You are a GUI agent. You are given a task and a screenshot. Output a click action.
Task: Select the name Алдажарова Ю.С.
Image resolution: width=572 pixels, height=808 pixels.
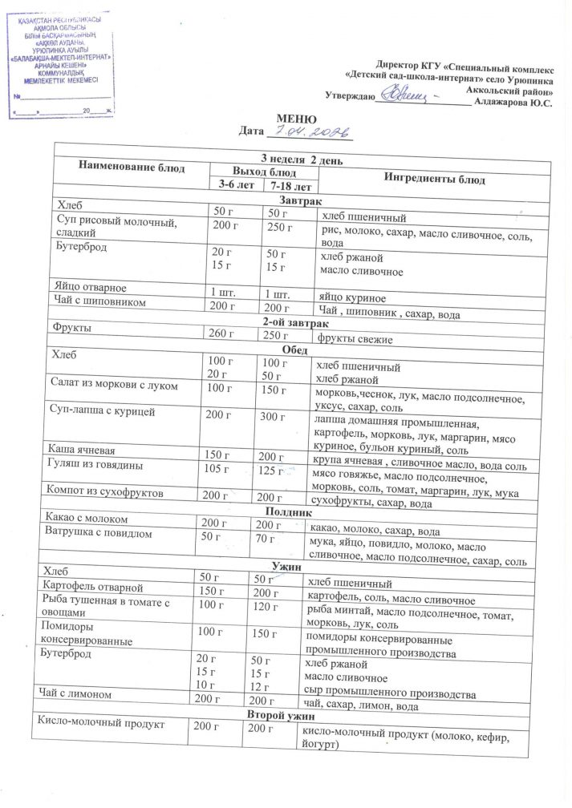[513, 103]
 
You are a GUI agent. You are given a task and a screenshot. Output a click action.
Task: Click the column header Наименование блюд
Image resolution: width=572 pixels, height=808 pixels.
[132, 167]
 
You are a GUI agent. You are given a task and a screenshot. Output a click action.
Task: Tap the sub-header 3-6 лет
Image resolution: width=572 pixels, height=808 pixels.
[235, 185]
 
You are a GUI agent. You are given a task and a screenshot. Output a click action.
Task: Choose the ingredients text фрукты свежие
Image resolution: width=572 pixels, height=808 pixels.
[355, 340]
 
